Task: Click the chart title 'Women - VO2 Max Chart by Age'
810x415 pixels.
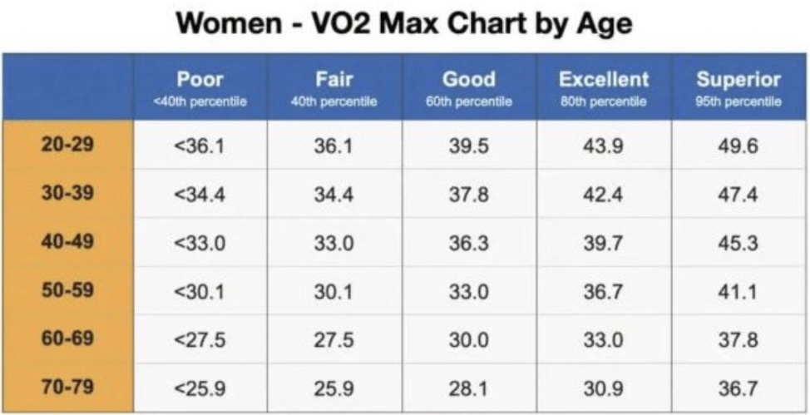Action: coord(405,23)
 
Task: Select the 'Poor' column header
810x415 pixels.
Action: coord(200,80)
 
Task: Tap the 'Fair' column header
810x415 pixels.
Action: coord(333,80)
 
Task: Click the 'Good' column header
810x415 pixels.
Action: coord(468,80)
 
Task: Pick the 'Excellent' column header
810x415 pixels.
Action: coord(603,80)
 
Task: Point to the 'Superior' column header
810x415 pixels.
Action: coord(738,80)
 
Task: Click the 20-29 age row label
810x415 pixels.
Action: coord(67,144)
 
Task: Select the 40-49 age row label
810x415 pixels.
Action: coord(67,241)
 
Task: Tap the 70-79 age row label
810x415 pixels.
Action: coord(67,388)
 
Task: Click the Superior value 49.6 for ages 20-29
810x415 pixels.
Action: coord(738,145)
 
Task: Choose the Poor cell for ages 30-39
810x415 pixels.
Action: coord(200,194)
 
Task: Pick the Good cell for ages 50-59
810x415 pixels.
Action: coord(468,291)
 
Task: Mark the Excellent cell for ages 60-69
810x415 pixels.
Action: coord(603,339)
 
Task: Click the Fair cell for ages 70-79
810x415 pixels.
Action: coord(333,388)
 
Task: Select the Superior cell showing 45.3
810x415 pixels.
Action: coord(738,242)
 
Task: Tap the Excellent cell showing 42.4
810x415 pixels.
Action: coord(603,194)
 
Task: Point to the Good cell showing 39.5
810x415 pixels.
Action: coord(468,145)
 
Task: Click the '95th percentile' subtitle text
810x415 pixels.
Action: coord(738,101)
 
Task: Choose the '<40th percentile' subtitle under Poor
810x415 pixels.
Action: coord(200,101)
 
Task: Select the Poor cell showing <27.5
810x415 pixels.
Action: coord(200,339)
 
